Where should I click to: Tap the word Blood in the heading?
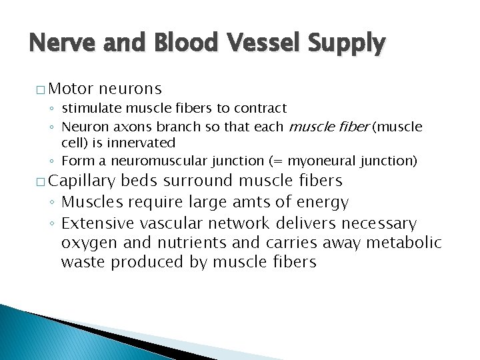coord(179,44)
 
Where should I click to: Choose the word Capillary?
coord(83,181)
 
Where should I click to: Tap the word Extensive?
coord(96,223)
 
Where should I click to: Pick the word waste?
coord(83,262)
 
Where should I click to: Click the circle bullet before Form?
coord(53,161)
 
